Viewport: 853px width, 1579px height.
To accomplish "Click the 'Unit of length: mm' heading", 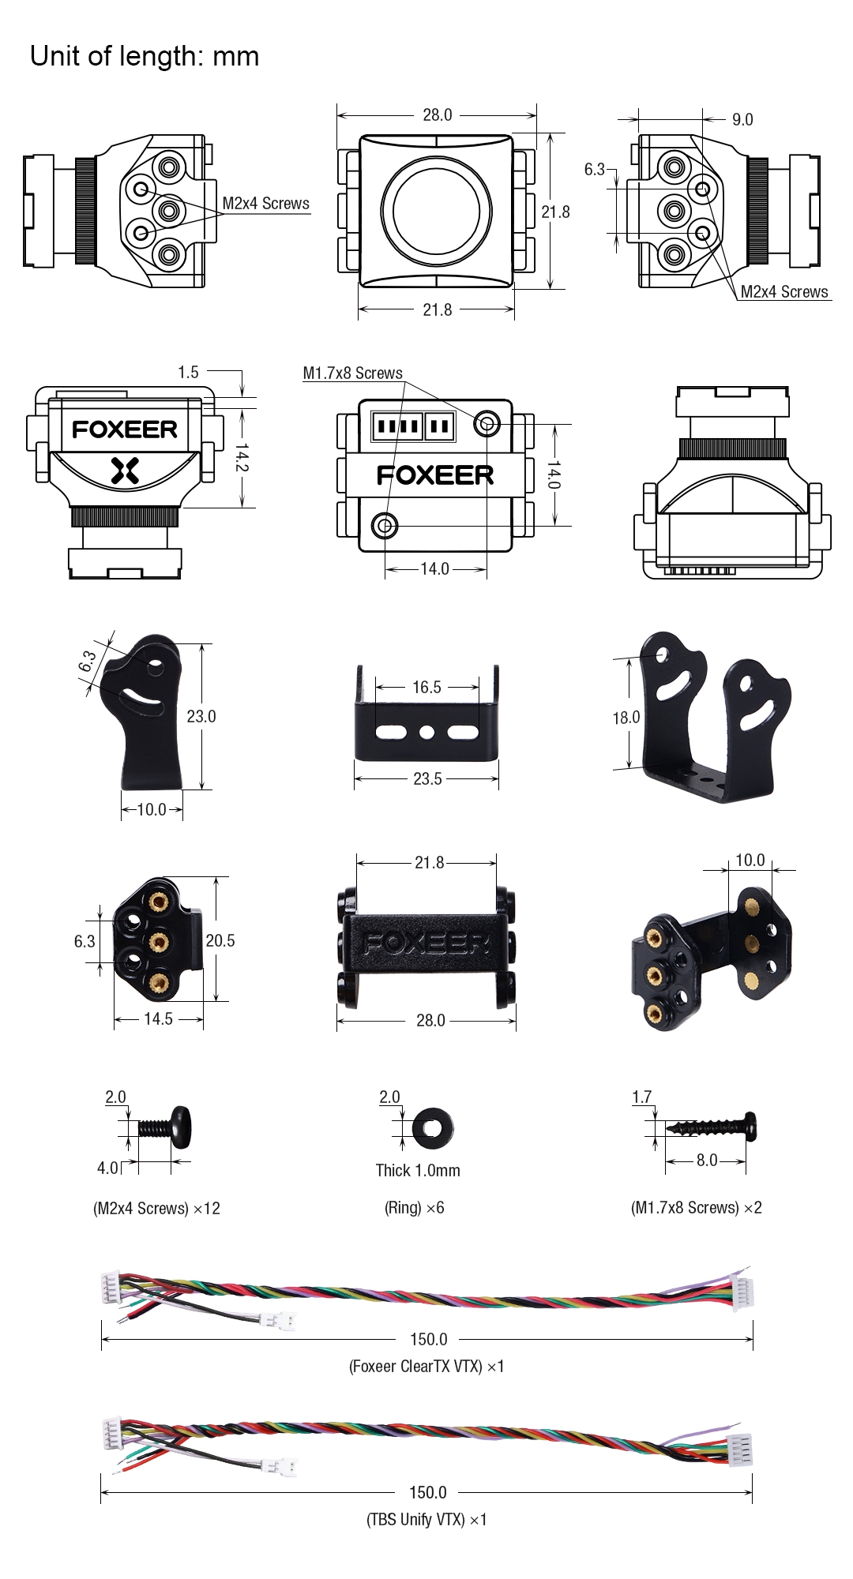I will point(145,57).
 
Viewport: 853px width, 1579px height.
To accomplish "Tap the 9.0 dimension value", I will point(742,120).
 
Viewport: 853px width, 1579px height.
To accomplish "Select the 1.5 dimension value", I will point(188,372).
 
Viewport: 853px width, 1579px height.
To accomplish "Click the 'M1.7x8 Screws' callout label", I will point(352,373).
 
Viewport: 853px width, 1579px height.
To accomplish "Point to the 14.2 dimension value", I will point(242,457).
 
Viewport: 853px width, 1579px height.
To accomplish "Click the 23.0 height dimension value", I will point(201,716).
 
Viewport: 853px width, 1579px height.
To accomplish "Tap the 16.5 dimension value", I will point(426,687).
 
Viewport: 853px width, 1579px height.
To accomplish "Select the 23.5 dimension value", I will point(427,779).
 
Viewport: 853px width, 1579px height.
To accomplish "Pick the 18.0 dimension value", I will point(626,718).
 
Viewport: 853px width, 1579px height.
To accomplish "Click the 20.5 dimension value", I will point(220,940).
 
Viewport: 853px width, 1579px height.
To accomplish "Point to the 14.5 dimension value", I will point(158,1019).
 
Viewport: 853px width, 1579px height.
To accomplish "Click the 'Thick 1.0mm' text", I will point(417,1170).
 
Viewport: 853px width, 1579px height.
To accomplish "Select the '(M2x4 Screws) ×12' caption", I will point(156,1208).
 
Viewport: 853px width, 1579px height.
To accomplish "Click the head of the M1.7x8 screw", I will point(750,1127).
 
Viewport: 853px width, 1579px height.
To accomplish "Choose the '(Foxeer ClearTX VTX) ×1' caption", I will point(426,1366).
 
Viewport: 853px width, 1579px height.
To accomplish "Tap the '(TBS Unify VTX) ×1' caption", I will point(426,1519).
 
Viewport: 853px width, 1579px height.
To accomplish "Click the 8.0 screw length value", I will point(706,1160).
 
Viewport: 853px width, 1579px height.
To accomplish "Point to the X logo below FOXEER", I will point(125,471).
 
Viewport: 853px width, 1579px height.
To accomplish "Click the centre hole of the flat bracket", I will point(426,733).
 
